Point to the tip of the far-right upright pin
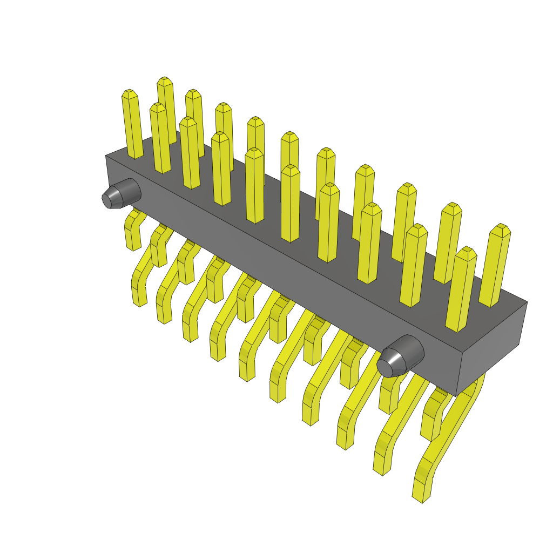502,227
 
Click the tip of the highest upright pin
165,80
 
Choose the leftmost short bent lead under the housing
132,232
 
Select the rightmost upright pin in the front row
461,292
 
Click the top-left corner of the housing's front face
106,157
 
